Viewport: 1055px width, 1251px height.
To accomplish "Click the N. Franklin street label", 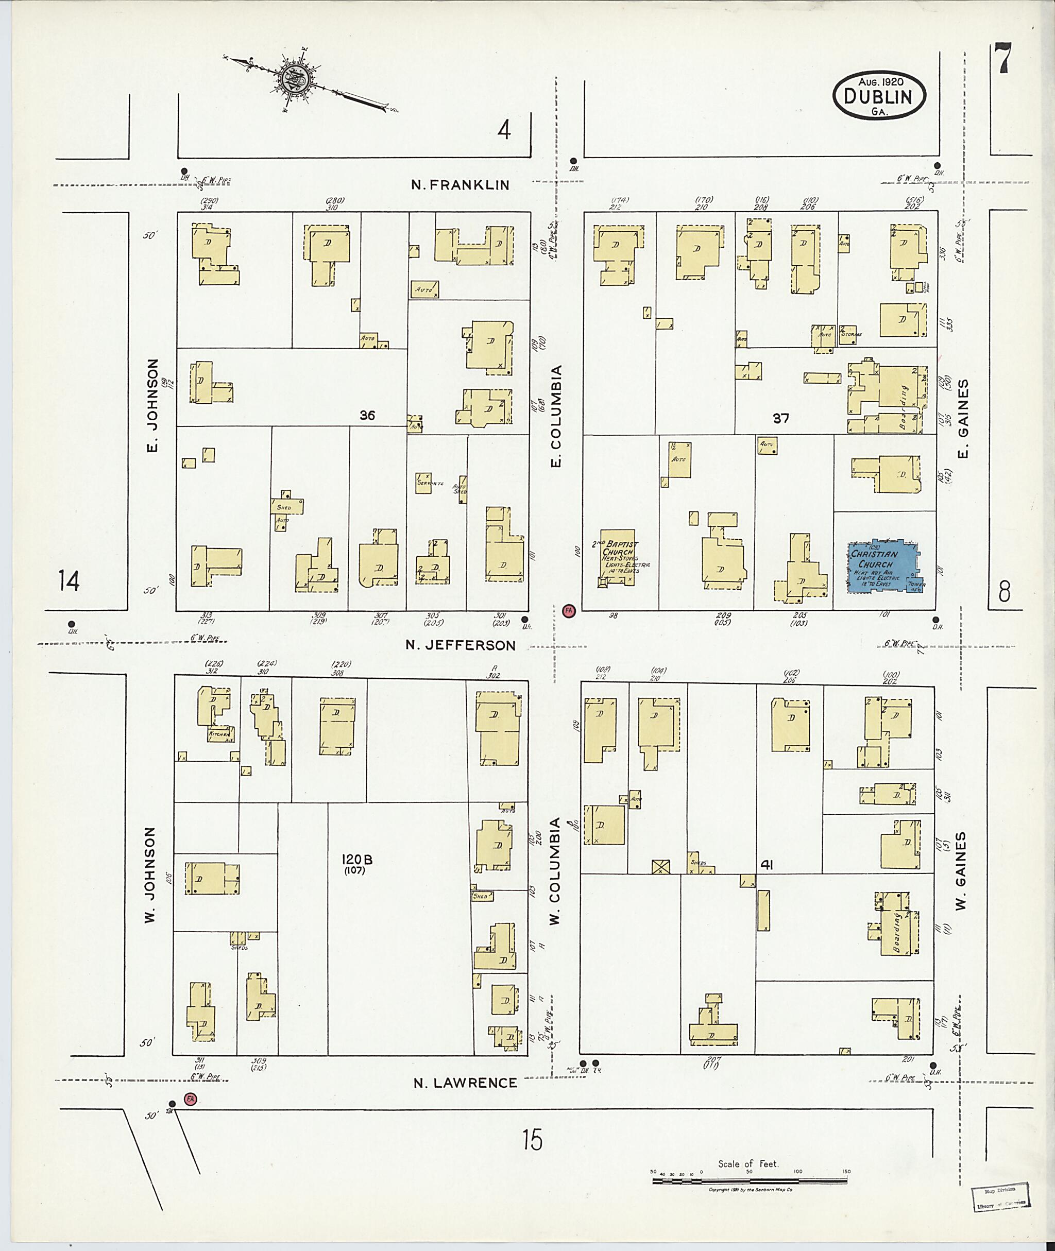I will click(461, 185).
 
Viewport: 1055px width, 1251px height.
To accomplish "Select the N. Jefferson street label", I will click(460, 645).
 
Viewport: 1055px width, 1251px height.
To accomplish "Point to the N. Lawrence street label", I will click(465, 1083).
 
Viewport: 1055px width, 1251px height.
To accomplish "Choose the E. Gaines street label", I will click(962, 418).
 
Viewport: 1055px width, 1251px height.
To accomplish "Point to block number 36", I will click(367, 415).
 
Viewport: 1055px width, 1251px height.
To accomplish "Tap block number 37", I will click(780, 419).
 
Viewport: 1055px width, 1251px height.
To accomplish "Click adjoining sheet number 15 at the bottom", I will click(531, 1140).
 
